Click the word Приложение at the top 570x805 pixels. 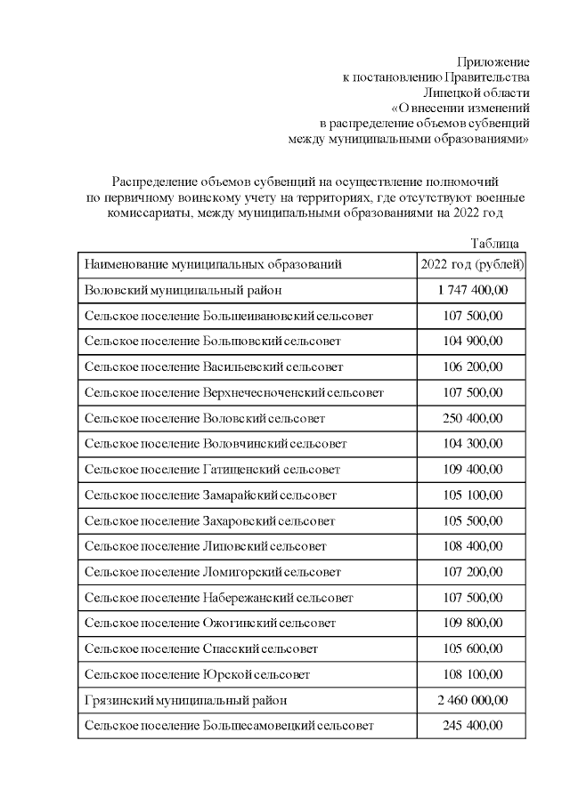493,62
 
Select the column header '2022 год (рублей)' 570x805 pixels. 472,264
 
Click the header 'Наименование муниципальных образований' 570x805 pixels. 213,264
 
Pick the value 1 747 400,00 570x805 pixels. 472,290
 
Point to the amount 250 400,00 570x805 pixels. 472,418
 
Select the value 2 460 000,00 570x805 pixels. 472,700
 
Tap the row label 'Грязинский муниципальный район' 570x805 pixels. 186,700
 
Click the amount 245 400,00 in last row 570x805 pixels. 472,726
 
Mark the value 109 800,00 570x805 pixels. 472,623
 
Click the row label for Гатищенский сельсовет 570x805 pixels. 212,469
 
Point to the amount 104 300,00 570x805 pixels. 472,444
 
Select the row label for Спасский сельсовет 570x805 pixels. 201,648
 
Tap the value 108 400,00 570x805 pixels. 472,546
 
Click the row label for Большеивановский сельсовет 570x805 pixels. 229,316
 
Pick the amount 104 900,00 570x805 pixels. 472,342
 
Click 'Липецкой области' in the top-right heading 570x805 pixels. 476,93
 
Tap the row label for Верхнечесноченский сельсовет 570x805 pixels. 234,392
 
